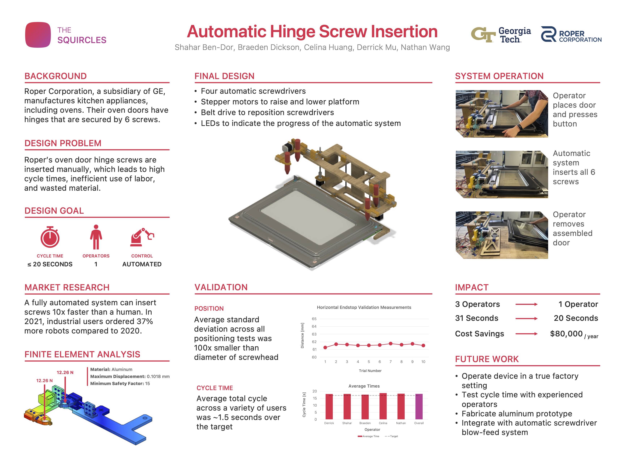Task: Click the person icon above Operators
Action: click(x=96, y=237)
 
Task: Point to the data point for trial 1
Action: click(x=325, y=347)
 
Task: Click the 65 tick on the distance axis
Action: click(x=314, y=319)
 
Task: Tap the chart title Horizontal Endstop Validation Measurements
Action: click(x=364, y=307)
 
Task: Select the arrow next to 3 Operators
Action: click(x=526, y=305)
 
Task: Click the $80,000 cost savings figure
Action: click(x=566, y=334)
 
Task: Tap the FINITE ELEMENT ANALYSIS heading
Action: click(x=82, y=354)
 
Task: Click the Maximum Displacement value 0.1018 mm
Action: click(x=158, y=377)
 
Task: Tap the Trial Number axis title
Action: click(x=370, y=371)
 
